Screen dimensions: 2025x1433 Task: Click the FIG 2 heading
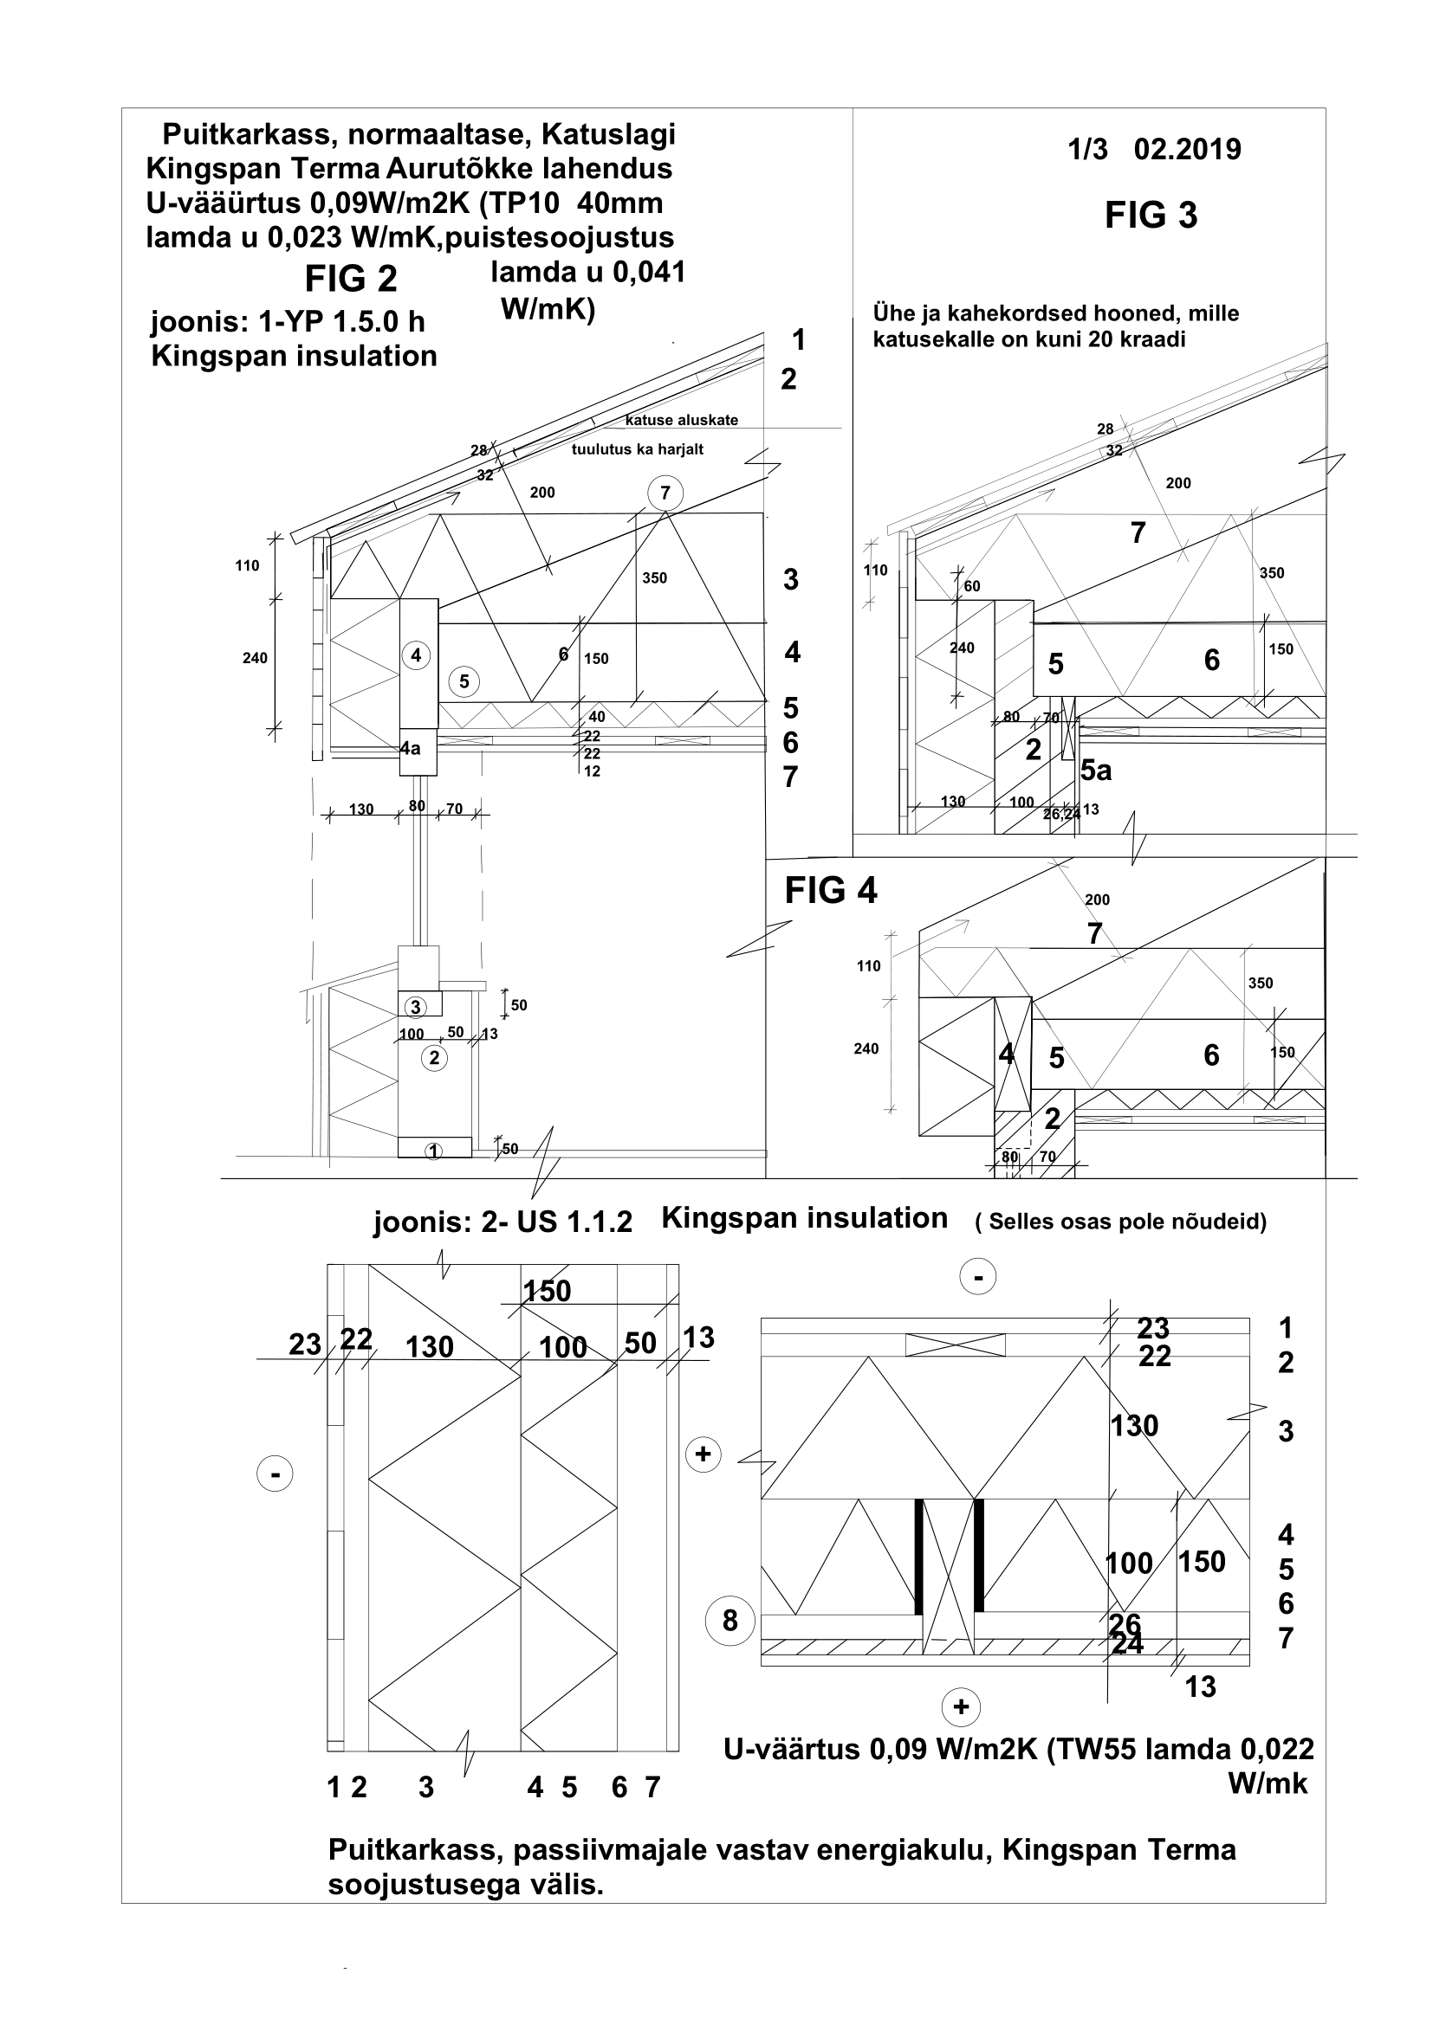(x=351, y=280)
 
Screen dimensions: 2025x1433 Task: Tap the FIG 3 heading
(x=1151, y=216)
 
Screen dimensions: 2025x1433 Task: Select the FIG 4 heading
(x=830, y=891)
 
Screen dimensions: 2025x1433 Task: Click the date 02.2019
(x=1187, y=150)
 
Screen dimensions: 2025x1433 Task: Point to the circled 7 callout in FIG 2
(x=665, y=493)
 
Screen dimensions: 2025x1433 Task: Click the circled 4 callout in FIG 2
(x=416, y=655)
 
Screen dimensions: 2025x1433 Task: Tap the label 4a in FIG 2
(x=411, y=749)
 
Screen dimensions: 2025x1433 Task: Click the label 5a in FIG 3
(x=1096, y=771)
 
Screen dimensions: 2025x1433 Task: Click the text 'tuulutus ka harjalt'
(x=637, y=450)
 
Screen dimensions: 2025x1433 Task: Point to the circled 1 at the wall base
(x=433, y=1150)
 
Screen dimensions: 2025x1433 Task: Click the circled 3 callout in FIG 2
(x=416, y=1006)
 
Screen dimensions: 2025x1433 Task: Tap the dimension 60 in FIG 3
(x=971, y=586)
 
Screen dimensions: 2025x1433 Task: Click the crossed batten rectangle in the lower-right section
(x=955, y=1345)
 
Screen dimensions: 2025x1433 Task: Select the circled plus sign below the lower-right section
(x=961, y=1706)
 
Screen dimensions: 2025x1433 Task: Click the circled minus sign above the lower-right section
(x=977, y=1277)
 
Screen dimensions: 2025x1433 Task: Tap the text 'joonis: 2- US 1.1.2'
(x=503, y=1222)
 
